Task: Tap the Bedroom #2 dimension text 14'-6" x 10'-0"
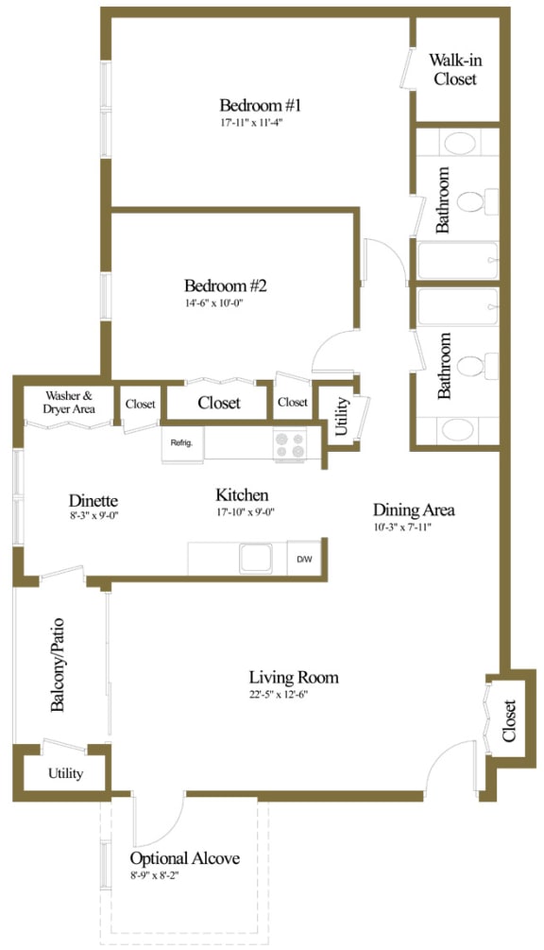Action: pyautogui.click(x=226, y=303)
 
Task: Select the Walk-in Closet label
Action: pyautogui.click(x=455, y=69)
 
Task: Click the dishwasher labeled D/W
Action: pyautogui.click(x=305, y=559)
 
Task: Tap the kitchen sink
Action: pyautogui.click(x=256, y=558)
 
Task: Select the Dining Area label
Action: pyautogui.click(x=414, y=510)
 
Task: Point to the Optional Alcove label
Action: pyautogui.click(x=185, y=858)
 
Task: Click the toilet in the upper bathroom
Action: pyautogui.click(x=471, y=200)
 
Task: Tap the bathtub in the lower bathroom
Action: pyautogui.click(x=458, y=307)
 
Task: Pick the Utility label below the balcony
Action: pyautogui.click(x=65, y=773)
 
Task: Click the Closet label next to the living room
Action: pyautogui.click(x=509, y=720)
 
